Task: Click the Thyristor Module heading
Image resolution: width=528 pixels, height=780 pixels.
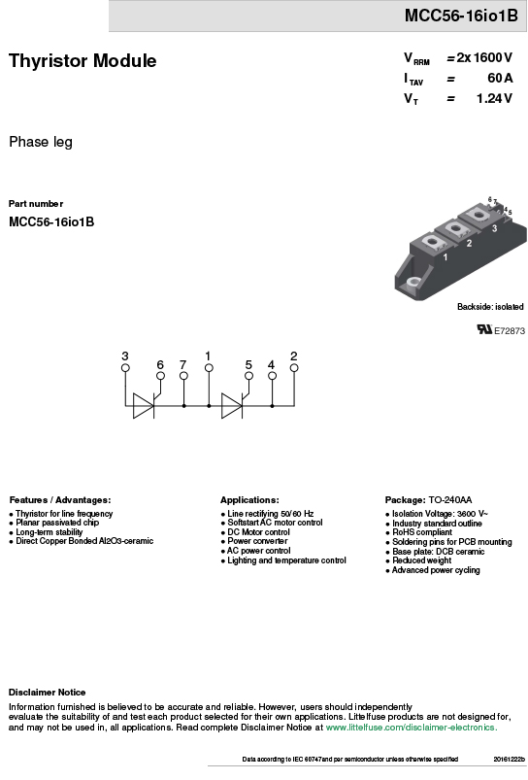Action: [82, 60]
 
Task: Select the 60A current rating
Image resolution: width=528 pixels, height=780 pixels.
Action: [500, 78]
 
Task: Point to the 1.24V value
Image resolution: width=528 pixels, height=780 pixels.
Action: [494, 98]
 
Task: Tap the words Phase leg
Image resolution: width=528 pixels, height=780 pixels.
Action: [41, 142]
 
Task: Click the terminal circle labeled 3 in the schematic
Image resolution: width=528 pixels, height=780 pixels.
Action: [125, 367]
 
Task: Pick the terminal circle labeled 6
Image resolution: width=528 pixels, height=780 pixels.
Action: [160, 376]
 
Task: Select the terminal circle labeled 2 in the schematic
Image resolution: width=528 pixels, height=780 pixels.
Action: [294, 367]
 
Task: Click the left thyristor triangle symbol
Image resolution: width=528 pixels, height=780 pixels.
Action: [144, 405]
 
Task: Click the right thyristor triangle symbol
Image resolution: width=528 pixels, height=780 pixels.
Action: [232, 405]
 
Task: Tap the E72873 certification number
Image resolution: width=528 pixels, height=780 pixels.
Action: [510, 331]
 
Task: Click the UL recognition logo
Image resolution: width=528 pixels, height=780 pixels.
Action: [484, 329]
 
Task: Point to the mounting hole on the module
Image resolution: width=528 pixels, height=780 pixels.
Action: [413, 283]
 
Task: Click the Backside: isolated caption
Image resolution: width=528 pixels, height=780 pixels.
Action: [490, 306]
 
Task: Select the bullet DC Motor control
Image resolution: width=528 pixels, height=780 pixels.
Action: [258, 531]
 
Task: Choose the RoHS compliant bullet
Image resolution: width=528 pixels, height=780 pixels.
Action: [422, 532]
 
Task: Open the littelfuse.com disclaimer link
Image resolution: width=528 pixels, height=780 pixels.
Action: [412, 728]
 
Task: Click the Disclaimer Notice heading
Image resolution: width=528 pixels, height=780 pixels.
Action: [47, 693]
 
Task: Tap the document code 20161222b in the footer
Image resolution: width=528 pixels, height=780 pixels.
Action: [510, 759]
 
